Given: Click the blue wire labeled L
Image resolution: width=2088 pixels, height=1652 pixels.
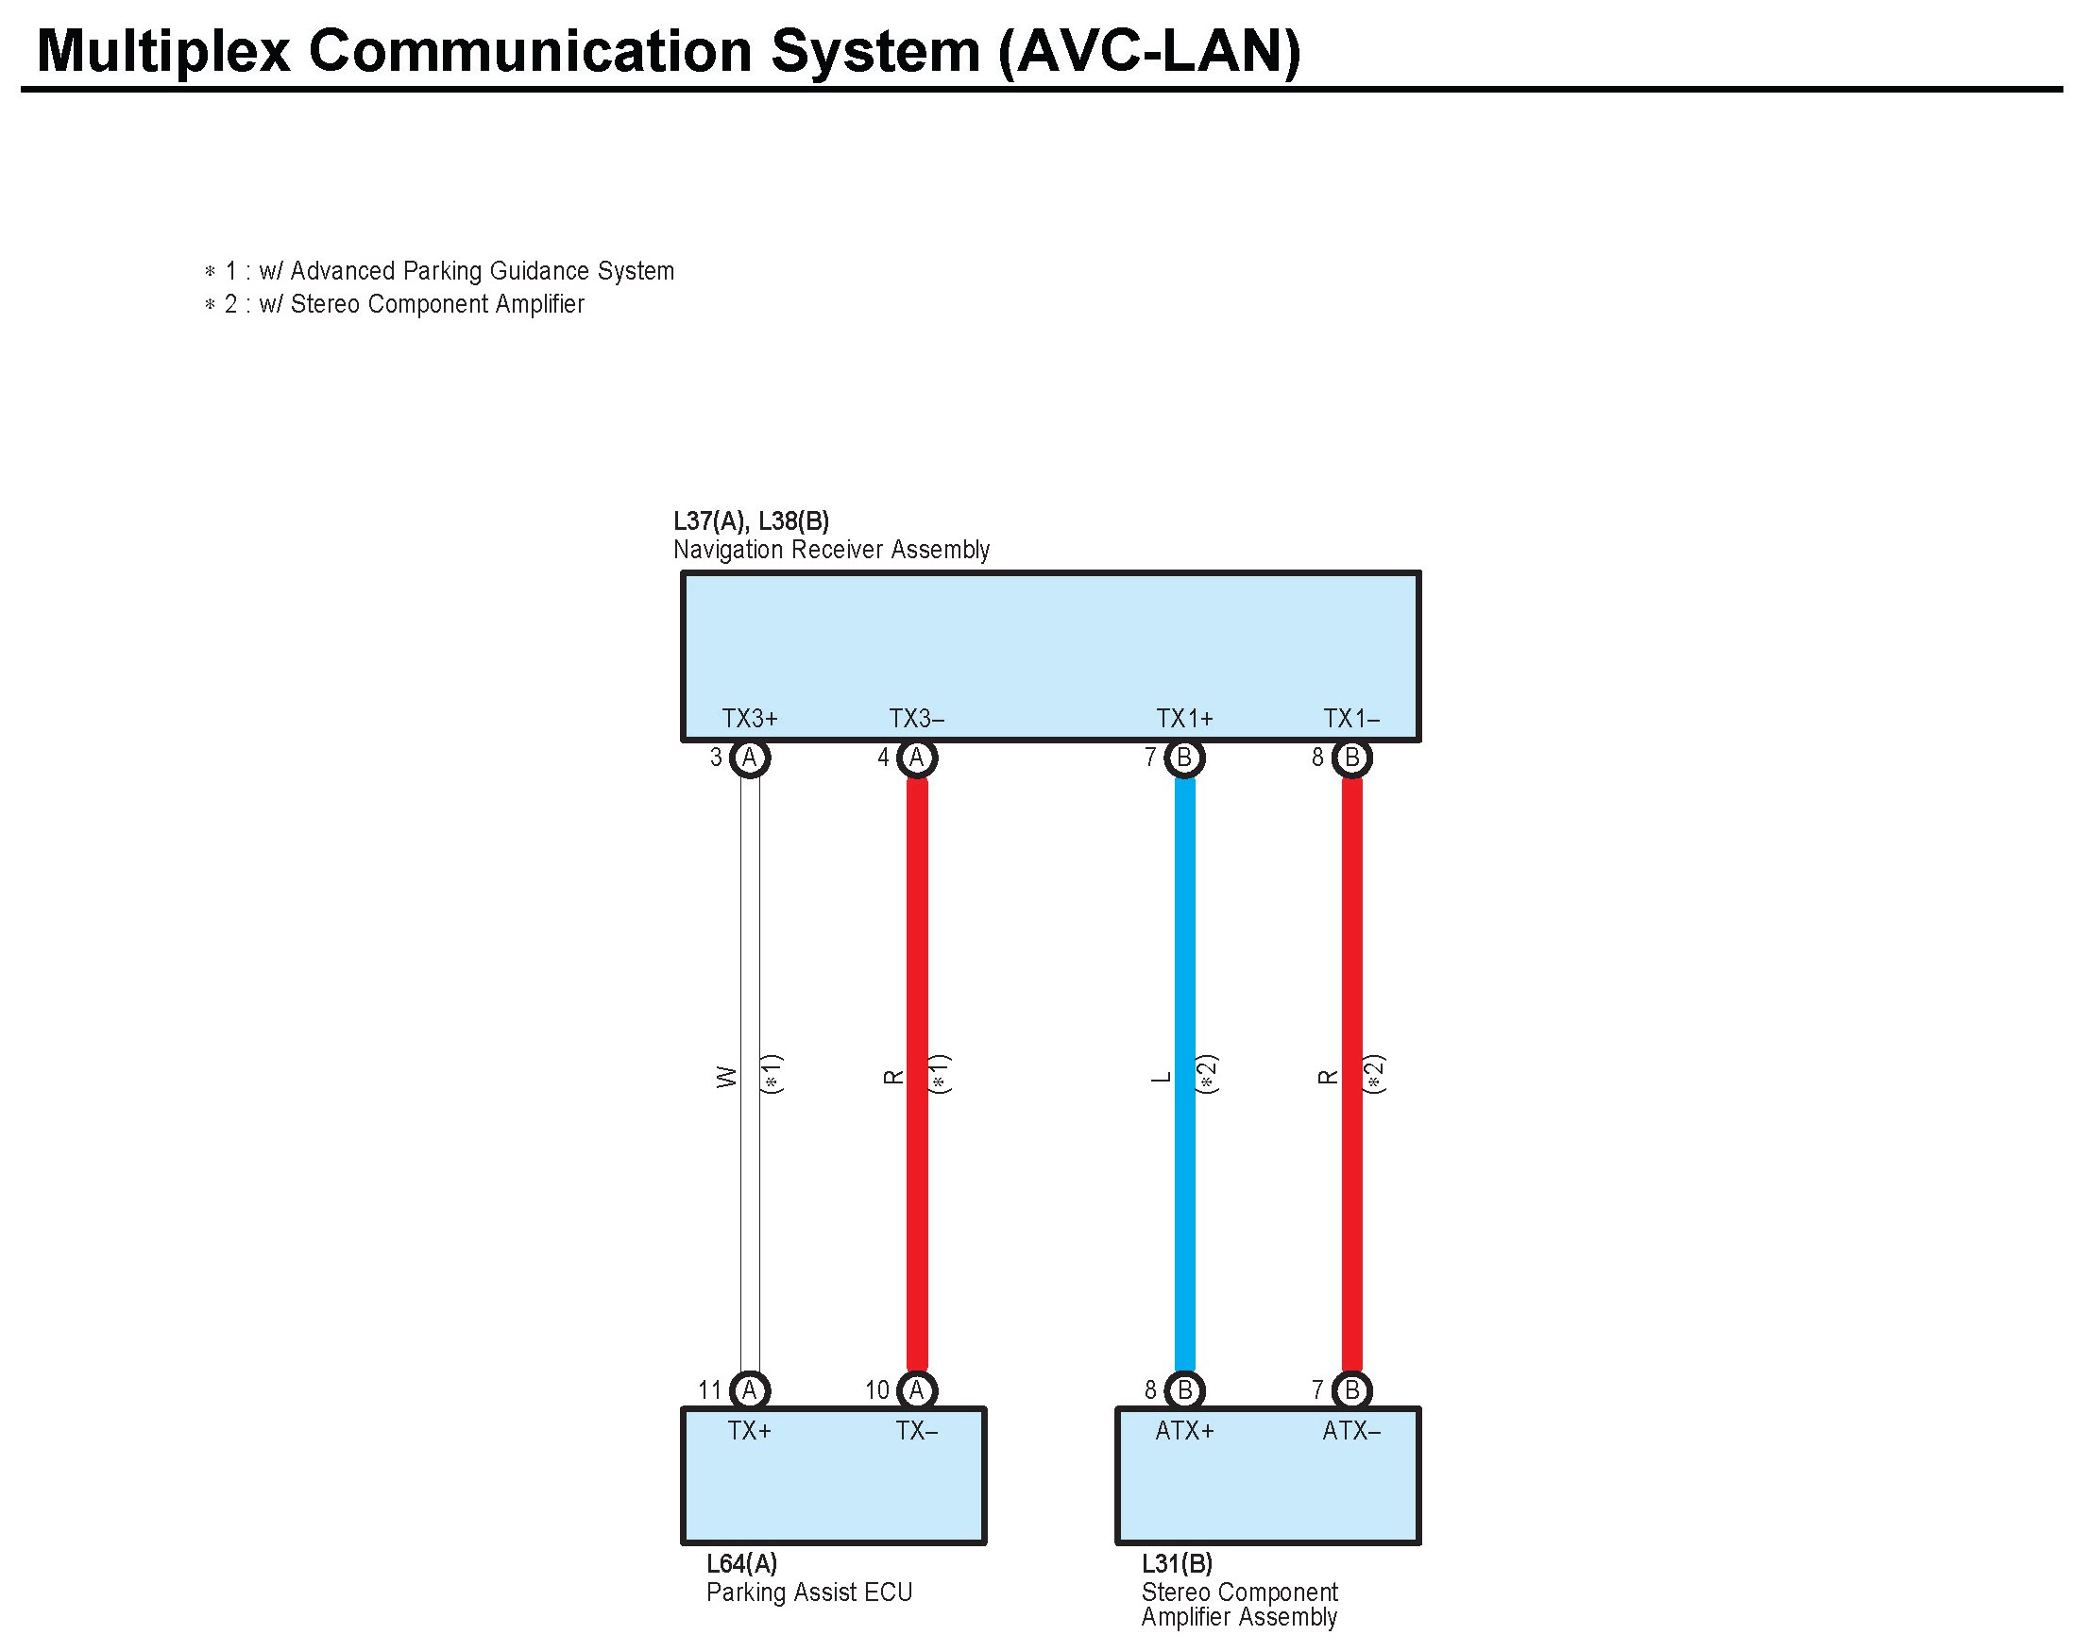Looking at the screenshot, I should pyautogui.click(x=1183, y=967).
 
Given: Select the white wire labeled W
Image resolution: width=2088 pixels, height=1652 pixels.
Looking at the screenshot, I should pyautogui.click(x=750, y=967).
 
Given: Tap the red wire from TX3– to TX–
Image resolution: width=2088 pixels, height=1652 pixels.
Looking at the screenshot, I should pyautogui.click(x=917, y=967).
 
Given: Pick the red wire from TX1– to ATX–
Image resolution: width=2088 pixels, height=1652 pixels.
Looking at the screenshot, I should pyautogui.click(x=1352, y=967).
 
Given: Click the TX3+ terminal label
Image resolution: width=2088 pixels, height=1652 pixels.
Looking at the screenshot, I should pyautogui.click(x=750, y=719).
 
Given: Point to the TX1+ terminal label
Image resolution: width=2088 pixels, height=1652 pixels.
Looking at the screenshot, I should pyautogui.click(x=1183, y=719).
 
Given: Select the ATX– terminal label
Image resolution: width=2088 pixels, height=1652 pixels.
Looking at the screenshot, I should pyautogui.click(x=1351, y=1431).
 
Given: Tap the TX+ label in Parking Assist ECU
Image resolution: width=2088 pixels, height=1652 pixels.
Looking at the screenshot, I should pyautogui.click(x=750, y=1431).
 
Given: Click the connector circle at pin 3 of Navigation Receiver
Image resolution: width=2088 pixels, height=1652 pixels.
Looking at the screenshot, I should pyautogui.click(x=750, y=758).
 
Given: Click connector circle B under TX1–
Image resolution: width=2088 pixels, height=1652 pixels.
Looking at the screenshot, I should pyautogui.click(x=1352, y=758).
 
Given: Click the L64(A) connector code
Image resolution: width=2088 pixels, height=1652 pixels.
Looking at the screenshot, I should pyautogui.click(x=741, y=1564).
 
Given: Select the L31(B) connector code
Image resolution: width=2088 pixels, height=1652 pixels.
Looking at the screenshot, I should pyautogui.click(x=1177, y=1564).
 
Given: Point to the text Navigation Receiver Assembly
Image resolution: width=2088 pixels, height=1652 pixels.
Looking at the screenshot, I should pyautogui.click(x=831, y=551).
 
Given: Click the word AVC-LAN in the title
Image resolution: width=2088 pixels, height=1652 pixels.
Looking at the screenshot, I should pyautogui.click(x=1150, y=50).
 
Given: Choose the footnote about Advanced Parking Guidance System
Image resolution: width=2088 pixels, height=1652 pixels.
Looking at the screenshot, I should pyautogui.click(x=439, y=271).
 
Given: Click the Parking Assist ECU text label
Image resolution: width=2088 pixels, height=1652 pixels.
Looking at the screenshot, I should pyautogui.click(x=808, y=1592).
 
